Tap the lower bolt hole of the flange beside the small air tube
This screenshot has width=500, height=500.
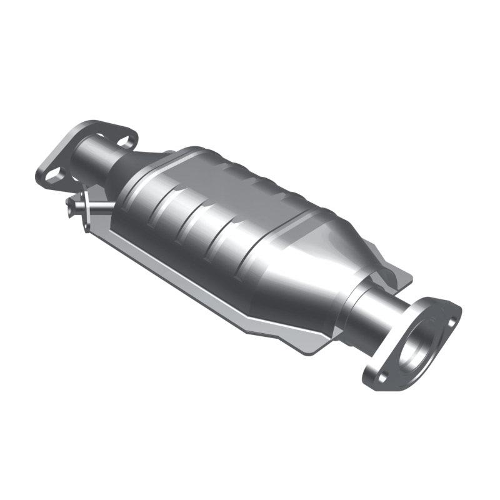pos(53,174)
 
